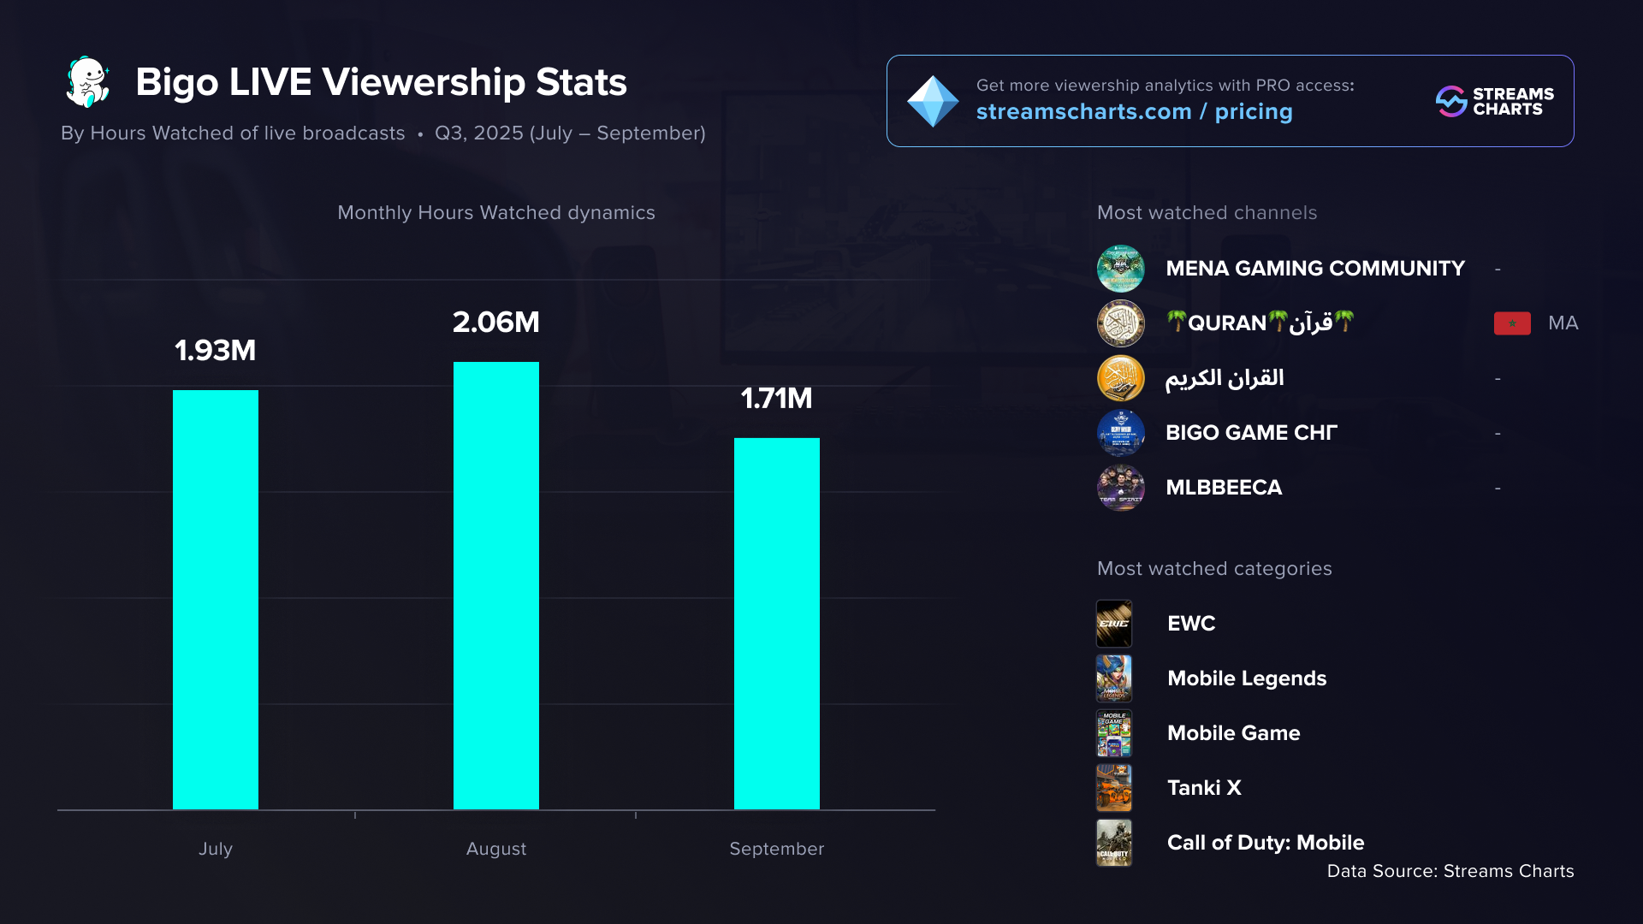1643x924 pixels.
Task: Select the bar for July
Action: (x=216, y=599)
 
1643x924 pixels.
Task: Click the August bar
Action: (x=496, y=585)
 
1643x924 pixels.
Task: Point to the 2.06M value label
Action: (x=496, y=323)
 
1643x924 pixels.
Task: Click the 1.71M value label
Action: (x=776, y=399)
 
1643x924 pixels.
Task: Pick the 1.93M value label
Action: (x=216, y=351)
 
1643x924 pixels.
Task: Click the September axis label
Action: (x=776, y=849)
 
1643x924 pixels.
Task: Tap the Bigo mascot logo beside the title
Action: (x=88, y=82)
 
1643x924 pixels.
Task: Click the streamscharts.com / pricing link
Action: (x=1134, y=112)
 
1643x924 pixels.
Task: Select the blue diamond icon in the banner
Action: (x=933, y=101)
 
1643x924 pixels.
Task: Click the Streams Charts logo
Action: (x=1494, y=101)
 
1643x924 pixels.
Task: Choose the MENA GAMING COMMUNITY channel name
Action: (x=1315, y=269)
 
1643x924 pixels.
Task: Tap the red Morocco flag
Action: (x=1512, y=323)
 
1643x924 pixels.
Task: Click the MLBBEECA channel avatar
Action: (x=1121, y=488)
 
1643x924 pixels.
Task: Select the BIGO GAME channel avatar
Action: (x=1121, y=433)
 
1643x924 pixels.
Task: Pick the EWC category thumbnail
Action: (x=1114, y=624)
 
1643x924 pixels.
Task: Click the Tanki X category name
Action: (x=1204, y=788)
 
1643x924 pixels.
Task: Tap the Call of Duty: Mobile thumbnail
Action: (x=1114, y=843)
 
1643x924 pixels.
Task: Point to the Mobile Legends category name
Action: (x=1247, y=678)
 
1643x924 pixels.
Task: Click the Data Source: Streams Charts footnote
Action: (x=1450, y=871)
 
